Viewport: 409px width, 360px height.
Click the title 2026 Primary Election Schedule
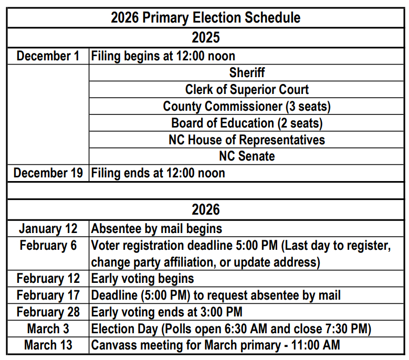pyautogui.click(x=205, y=18)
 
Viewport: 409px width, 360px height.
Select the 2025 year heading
pyautogui.click(x=205, y=38)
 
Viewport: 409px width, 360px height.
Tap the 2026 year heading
pyautogui.click(x=205, y=210)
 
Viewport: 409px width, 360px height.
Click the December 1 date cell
pyautogui.click(x=48, y=56)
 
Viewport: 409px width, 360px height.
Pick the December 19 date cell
pyautogui.click(x=48, y=173)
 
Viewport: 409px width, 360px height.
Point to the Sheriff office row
pyautogui.click(x=247, y=73)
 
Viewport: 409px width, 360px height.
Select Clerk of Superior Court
pyautogui.click(x=247, y=90)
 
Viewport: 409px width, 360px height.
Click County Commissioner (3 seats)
pyautogui.click(x=247, y=107)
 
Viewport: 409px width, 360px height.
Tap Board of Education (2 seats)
pyautogui.click(x=247, y=123)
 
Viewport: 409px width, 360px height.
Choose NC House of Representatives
pyautogui.click(x=247, y=140)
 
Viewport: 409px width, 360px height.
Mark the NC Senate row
pyautogui.click(x=247, y=156)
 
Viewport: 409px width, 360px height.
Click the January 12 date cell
pyautogui.click(x=48, y=229)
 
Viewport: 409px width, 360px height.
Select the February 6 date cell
pyautogui.click(x=48, y=246)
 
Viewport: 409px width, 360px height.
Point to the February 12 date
pyautogui.click(x=48, y=279)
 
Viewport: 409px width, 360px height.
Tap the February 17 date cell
pyautogui.click(x=48, y=295)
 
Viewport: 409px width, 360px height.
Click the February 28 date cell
pyautogui.click(x=48, y=312)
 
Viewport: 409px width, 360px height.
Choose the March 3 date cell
pyautogui.click(x=48, y=329)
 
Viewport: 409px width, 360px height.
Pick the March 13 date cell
pyautogui.click(x=48, y=345)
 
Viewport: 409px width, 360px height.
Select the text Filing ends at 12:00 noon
pyautogui.click(x=158, y=173)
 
